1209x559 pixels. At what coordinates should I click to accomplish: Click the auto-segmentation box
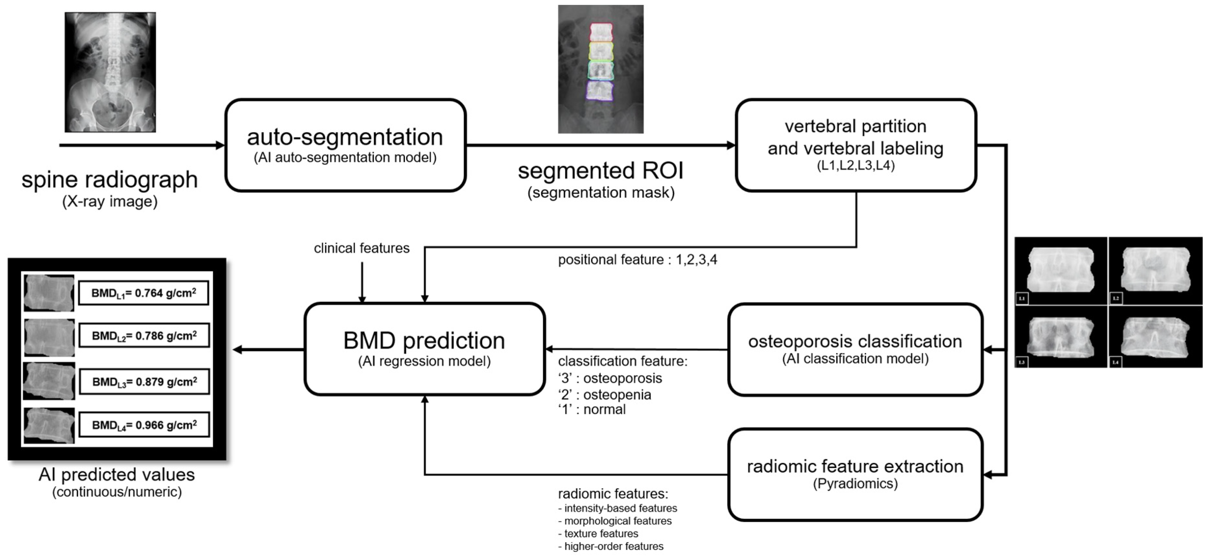(x=345, y=145)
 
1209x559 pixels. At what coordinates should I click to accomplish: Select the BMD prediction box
(x=424, y=349)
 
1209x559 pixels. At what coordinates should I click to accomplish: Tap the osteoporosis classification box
(x=855, y=350)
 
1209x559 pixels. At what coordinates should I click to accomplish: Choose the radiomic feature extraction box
(x=855, y=475)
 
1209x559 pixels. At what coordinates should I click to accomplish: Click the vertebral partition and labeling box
(x=856, y=145)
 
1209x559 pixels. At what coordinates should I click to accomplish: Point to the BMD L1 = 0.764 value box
(x=144, y=293)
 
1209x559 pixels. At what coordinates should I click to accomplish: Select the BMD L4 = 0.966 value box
(x=144, y=425)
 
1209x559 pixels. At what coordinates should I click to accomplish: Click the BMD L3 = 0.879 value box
(x=144, y=382)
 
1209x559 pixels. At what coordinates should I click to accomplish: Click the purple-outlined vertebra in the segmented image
(x=600, y=90)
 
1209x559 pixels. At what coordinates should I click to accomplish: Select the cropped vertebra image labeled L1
(x=1061, y=271)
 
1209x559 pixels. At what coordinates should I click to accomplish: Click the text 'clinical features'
(x=362, y=248)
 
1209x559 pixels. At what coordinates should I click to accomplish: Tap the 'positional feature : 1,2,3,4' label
(x=637, y=260)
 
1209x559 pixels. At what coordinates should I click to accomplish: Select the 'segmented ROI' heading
(x=601, y=170)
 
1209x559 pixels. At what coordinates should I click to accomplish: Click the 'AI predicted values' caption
(x=116, y=475)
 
